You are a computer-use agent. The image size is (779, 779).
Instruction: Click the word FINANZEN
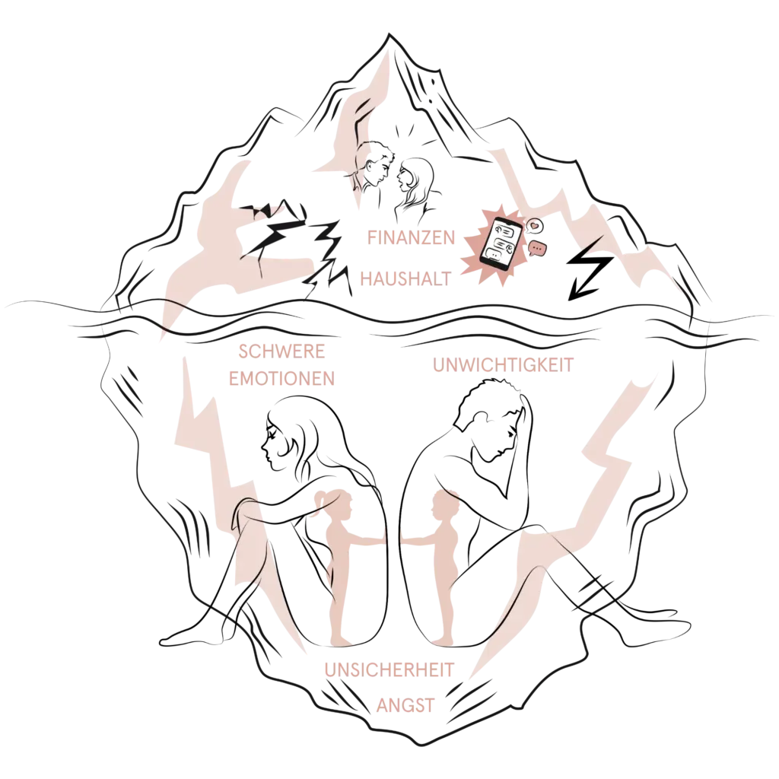(411, 237)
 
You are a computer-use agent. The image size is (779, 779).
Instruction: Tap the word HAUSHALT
(406, 278)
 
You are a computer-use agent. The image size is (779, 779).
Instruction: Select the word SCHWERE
(281, 351)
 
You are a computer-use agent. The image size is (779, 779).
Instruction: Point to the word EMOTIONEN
(281, 379)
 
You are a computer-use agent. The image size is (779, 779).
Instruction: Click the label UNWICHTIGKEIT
(504, 365)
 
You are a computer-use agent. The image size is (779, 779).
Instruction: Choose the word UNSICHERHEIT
(389, 669)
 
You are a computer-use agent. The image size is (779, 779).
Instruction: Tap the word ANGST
(405, 705)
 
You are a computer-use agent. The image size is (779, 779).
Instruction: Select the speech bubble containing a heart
(535, 226)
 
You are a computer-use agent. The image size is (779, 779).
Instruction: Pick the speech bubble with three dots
(537, 248)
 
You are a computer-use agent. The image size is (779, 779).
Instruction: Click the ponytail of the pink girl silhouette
(322, 499)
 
